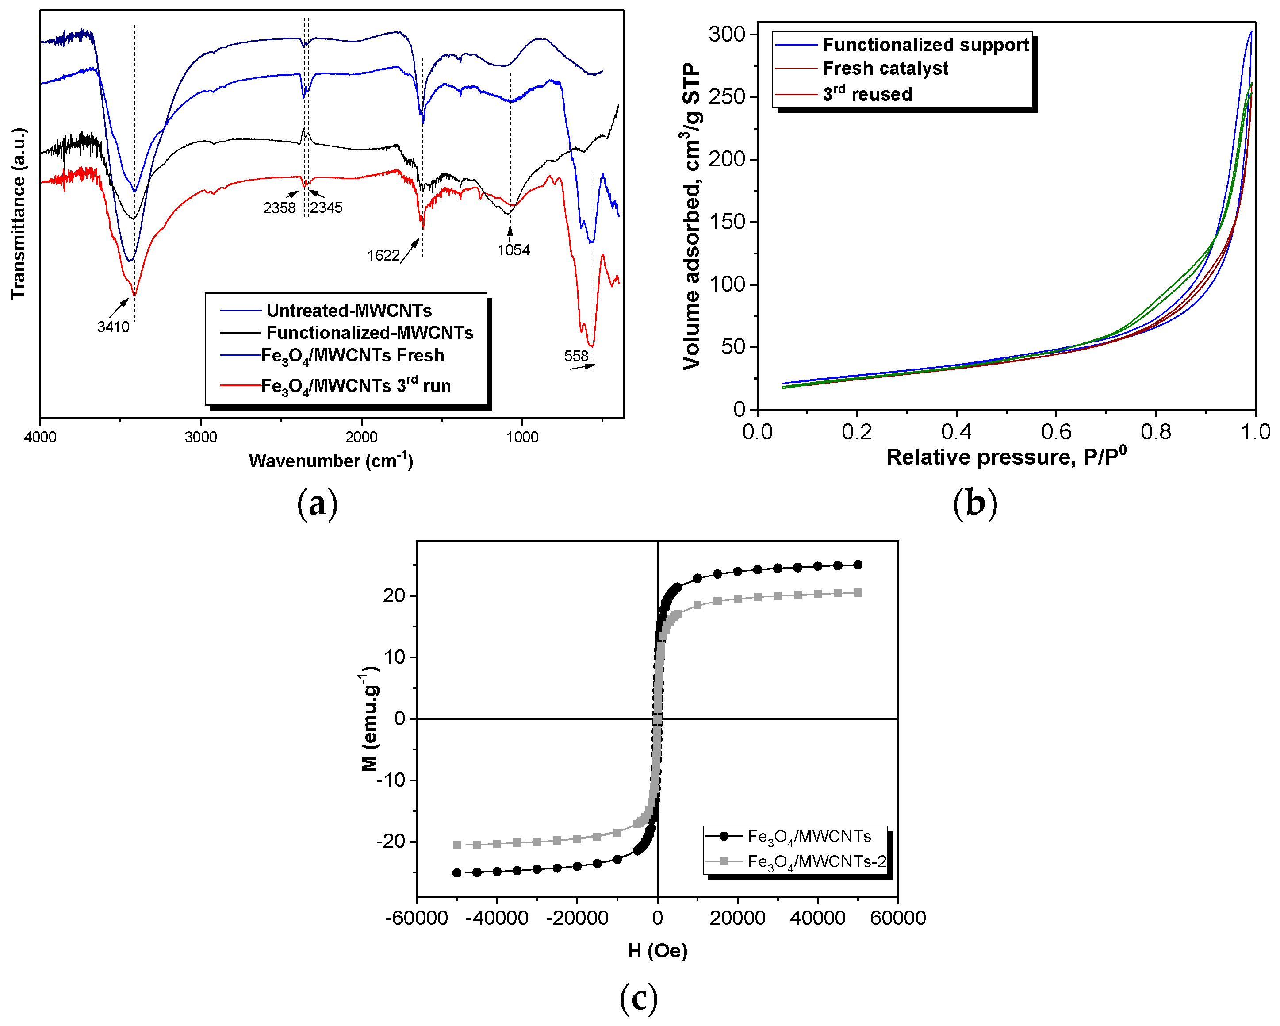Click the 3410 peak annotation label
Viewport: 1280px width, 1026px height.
point(113,327)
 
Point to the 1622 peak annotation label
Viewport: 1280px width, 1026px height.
point(383,256)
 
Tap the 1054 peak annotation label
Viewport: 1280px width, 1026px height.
point(514,250)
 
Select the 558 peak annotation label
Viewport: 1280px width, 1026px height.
point(575,356)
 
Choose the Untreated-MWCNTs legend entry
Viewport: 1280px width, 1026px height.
point(349,311)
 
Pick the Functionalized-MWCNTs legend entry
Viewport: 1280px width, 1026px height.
point(369,333)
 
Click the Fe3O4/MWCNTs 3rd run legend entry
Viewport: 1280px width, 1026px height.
point(356,386)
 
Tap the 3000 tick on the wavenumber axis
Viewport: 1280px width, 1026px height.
point(201,438)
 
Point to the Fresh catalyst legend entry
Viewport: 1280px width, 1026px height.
point(885,69)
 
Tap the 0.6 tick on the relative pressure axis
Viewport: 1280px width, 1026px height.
point(1056,432)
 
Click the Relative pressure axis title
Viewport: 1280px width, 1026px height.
point(1006,457)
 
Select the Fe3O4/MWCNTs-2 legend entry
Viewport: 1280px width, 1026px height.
point(816,861)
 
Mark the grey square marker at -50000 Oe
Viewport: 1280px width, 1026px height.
point(456,845)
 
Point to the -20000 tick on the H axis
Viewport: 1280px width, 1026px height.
point(577,918)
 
